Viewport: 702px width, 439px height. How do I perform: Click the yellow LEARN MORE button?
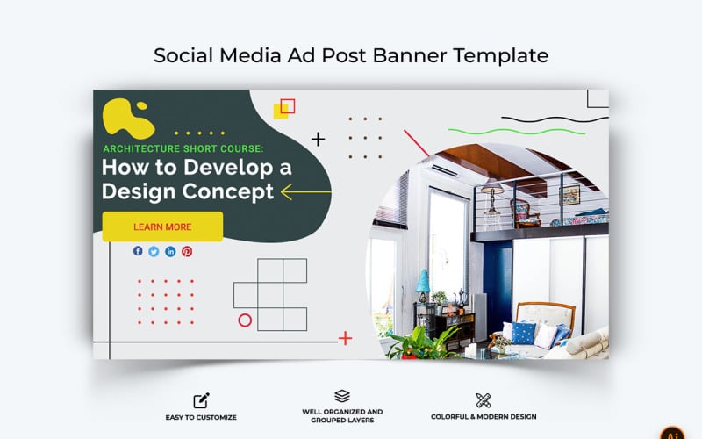162,227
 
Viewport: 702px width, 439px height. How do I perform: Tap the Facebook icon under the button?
138,251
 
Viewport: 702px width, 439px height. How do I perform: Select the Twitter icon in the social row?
154,251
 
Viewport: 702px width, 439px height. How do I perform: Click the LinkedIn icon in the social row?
170,251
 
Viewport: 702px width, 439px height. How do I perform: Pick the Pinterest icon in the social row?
187,251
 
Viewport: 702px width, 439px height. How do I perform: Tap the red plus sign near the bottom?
345,338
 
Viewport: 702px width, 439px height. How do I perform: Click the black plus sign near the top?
319,139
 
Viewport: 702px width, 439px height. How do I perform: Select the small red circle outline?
245,320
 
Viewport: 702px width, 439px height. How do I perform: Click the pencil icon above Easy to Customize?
202,400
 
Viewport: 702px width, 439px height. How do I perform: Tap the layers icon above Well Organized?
342,396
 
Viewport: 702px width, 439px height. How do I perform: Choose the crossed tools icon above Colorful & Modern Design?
483,400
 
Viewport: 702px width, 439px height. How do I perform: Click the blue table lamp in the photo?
423,284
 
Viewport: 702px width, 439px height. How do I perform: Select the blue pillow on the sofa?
524,332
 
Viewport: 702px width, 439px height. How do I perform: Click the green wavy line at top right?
544,129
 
